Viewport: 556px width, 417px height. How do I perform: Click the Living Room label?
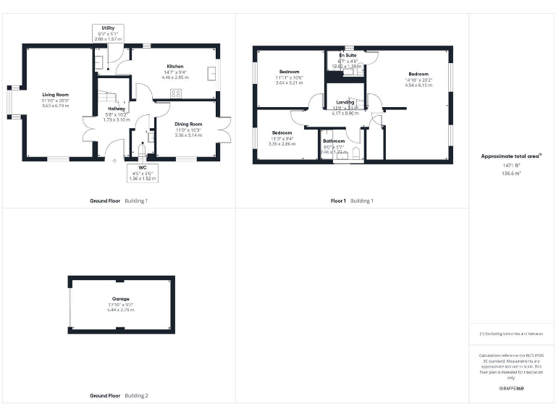pos(56,95)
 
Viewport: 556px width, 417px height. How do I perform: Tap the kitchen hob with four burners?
pos(175,93)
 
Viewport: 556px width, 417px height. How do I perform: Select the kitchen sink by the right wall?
pos(211,72)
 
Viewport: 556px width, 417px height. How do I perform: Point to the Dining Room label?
pos(188,124)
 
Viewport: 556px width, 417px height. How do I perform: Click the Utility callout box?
pos(108,32)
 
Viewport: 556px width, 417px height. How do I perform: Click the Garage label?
pos(121,298)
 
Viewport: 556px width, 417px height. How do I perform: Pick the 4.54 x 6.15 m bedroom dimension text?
pos(418,85)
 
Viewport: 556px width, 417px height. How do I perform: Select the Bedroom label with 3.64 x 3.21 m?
pos(290,83)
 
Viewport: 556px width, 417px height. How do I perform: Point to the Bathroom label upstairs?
pos(334,141)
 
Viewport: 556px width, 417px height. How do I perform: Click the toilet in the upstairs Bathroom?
pos(355,153)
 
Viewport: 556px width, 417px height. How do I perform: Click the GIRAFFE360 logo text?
pos(512,389)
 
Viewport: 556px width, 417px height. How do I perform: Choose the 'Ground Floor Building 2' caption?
pos(119,396)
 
